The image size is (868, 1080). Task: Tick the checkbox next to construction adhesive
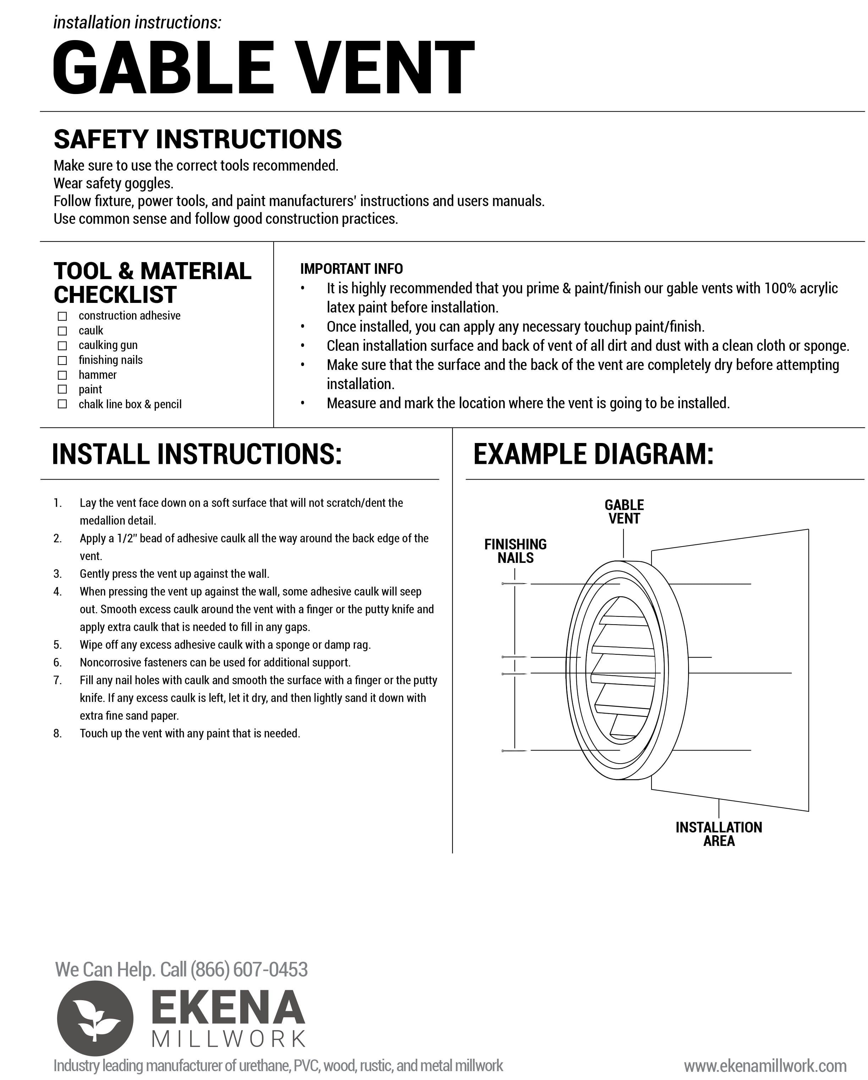click(x=62, y=316)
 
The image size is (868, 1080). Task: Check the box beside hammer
click(x=62, y=375)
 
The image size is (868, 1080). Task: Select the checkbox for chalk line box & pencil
click(x=62, y=404)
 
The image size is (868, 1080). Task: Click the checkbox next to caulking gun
click(x=62, y=346)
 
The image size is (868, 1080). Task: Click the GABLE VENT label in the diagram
click(x=624, y=511)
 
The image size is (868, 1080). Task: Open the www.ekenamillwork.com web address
click(x=765, y=1065)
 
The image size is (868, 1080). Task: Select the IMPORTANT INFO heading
click(x=351, y=269)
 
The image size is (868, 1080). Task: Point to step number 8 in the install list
click(x=57, y=733)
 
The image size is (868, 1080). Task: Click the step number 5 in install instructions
click(x=57, y=645)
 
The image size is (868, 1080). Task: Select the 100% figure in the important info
click(x=780, y=289)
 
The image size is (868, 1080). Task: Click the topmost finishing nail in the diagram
click(x=514, y=583)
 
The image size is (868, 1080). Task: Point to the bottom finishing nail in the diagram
click(x=514, y=751)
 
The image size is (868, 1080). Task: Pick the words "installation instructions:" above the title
click(x=137, y=23)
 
